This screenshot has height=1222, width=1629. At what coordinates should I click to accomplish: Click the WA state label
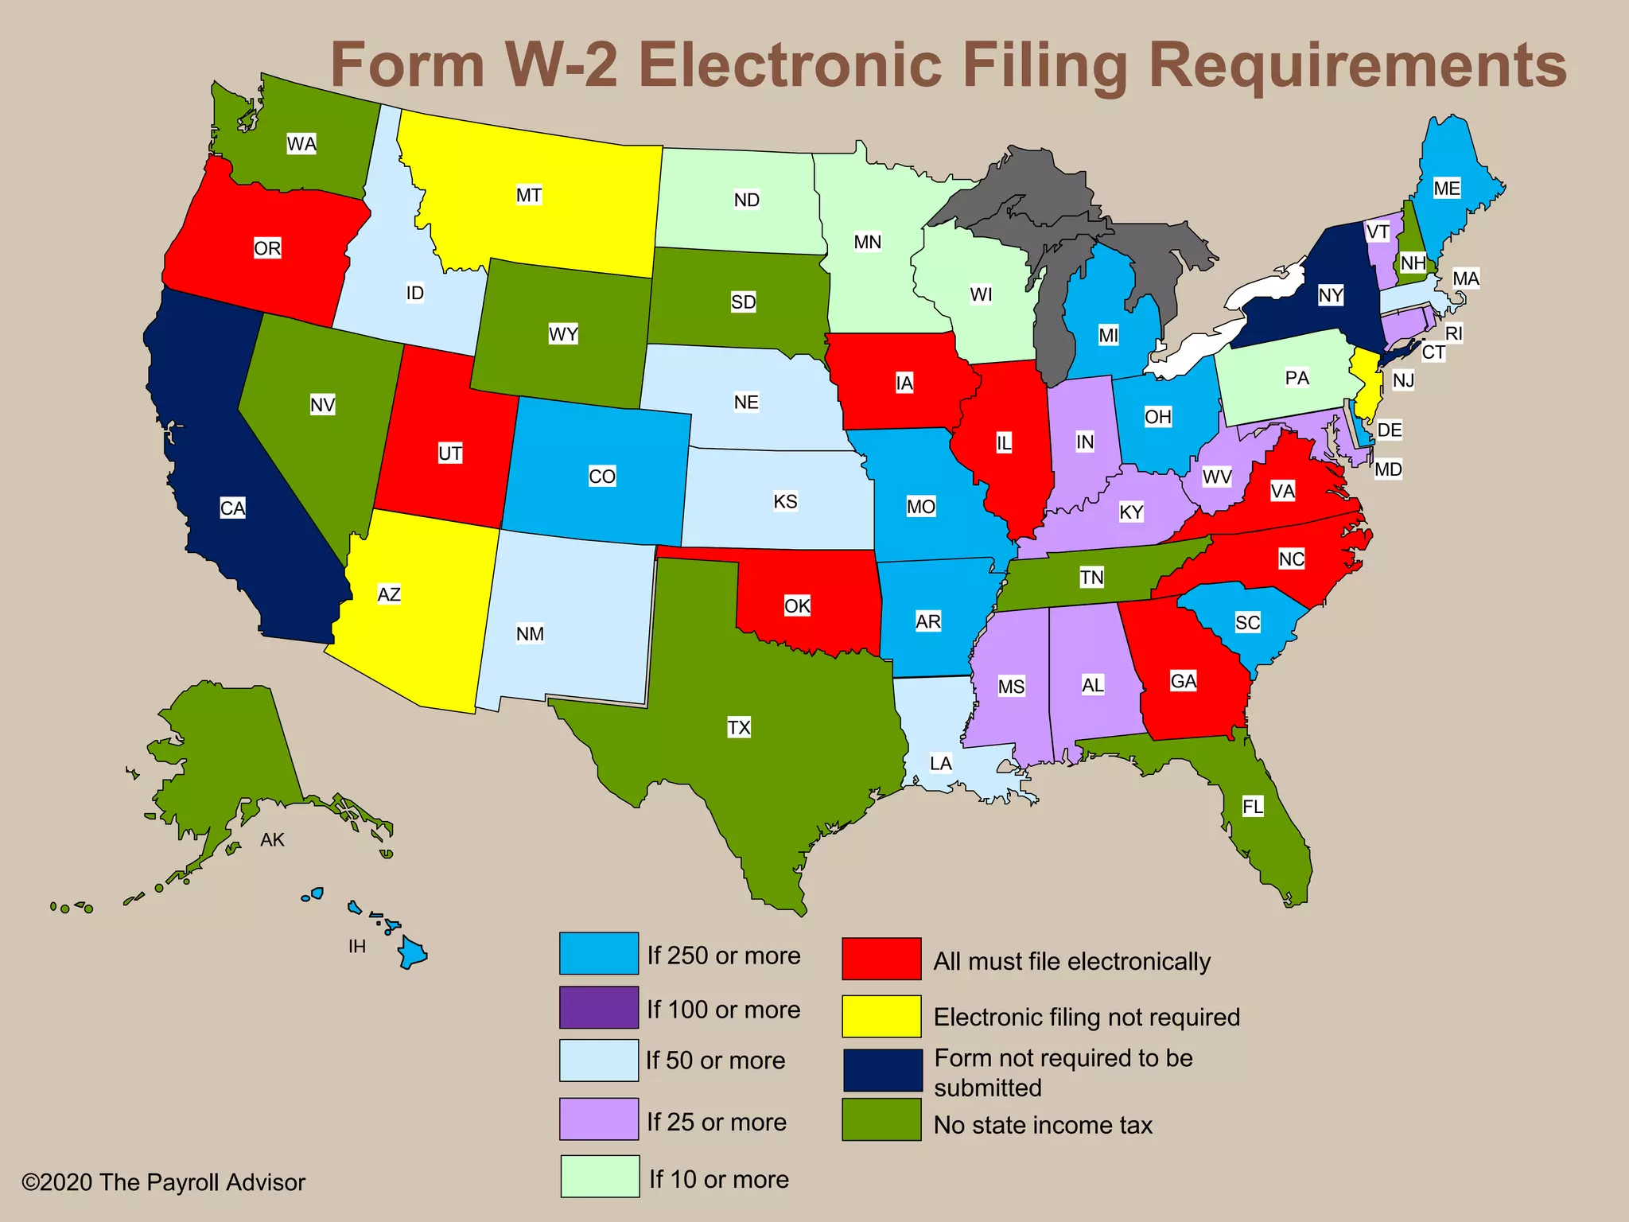click(301, 144)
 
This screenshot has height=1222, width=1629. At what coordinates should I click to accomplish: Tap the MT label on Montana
click(529, 195)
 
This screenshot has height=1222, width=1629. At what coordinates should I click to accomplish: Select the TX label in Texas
click(739, 727)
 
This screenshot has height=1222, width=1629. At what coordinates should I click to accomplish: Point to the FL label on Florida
click(1253, 807)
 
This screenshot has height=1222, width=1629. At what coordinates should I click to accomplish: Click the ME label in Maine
click(1447, 189)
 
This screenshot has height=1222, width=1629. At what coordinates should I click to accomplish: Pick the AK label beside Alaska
click(272, 839)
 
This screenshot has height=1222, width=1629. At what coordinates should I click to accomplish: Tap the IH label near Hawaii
click(357, 946)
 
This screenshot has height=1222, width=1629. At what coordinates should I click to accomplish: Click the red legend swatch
click(881, 959)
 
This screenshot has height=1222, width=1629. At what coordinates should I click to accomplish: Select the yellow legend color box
click(881, 1016)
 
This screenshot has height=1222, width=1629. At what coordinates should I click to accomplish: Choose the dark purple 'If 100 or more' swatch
click(599, 1007)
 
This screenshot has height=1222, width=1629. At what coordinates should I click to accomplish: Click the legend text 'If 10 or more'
click(719, 1179)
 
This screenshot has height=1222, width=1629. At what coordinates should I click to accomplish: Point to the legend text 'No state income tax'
click(1043, 1125)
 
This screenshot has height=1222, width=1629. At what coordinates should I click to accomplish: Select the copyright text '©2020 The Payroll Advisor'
click(163, 1182)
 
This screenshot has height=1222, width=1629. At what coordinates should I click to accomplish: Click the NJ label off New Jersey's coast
click(1403, 380)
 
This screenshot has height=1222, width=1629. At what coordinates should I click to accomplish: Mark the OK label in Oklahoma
click(797, 606)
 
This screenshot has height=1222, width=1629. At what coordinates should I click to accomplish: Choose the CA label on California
click(232, 508)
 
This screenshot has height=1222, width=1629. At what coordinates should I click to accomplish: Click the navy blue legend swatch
click(881, 1070)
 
